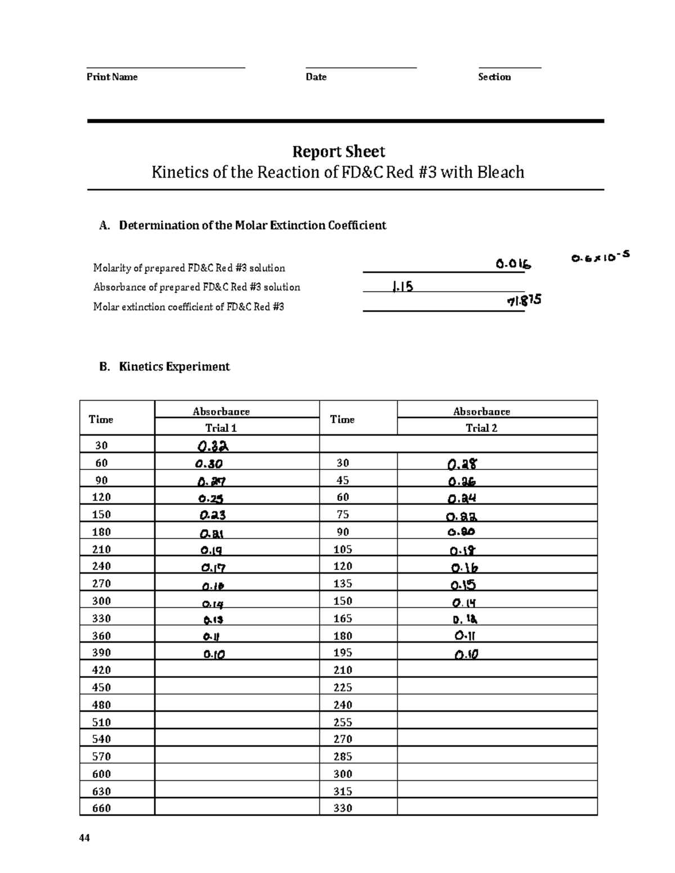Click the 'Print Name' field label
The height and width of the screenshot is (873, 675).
[112, 77]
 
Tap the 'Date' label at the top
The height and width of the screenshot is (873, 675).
[316, 77]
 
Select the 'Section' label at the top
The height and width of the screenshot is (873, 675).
[494, 77]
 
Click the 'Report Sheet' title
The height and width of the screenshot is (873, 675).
[338, 152]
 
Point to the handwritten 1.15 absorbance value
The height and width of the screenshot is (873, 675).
[402, 287]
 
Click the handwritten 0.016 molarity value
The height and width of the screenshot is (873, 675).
[513, 264]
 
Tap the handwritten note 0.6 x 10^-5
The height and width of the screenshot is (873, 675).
[600, 257]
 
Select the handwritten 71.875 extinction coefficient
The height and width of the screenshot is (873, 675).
[524, 301]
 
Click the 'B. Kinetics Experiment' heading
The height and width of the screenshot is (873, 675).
[164, 367]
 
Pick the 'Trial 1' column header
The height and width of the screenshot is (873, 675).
[220, 428]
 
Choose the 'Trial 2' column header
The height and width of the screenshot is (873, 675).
[481, 428]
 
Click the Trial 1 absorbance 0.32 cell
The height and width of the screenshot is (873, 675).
[212, 446]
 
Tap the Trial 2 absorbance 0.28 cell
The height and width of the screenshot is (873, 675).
[462, 464]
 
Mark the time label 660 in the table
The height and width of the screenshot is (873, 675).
[102, 808]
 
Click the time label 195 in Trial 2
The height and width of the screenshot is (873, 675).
[343, 653]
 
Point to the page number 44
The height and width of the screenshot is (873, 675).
[84, 838]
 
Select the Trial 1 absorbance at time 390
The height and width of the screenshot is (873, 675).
[214, 654]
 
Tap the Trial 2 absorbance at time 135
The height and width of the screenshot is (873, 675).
[463, 585]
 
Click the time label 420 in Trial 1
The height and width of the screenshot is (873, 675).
[102, 670]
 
